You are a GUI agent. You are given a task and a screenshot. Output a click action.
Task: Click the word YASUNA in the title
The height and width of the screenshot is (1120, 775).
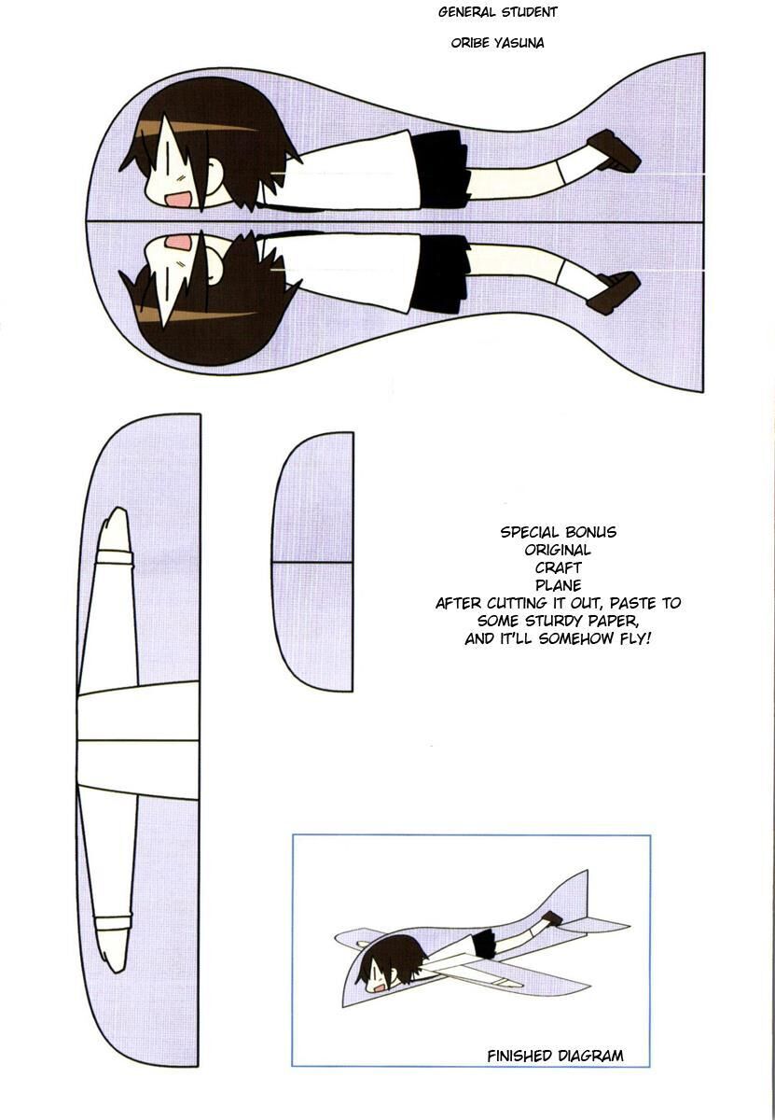tap(519, 43)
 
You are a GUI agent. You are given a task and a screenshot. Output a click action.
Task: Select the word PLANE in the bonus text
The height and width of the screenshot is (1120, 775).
tap(558, 585)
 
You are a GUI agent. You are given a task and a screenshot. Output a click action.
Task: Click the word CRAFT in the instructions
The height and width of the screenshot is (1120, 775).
tap(558, 567)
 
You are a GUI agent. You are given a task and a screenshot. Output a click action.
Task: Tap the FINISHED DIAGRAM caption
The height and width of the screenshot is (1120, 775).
tap(555, 1056)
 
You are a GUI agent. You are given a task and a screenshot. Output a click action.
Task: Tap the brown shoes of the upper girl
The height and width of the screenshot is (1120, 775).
tap(614, 151)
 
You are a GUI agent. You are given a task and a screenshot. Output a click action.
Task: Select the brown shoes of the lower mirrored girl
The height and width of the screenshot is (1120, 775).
tap(614, 293)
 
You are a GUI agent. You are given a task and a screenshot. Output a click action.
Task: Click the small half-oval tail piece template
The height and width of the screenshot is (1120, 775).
tap(312, 562)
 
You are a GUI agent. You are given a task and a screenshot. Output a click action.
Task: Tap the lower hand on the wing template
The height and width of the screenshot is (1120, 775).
tap(115, 944)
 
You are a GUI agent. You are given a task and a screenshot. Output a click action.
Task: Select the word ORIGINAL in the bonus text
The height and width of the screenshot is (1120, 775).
tap(558, 550)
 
